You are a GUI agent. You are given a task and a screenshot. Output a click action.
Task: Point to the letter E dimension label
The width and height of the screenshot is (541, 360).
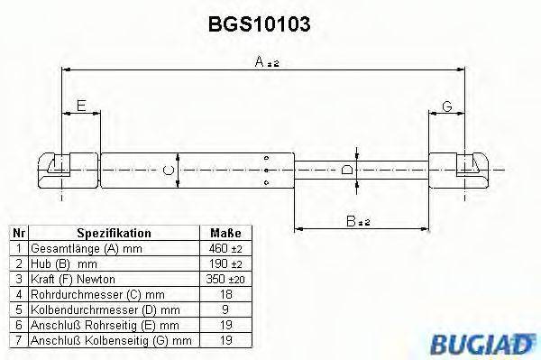point(82,107)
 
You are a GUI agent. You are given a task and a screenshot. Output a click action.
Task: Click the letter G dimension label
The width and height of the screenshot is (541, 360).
point(446,107)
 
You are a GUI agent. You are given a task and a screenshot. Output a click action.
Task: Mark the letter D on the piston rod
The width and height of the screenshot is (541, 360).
point(348,170)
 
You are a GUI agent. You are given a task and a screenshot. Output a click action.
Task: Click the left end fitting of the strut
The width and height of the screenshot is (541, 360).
point(67,169)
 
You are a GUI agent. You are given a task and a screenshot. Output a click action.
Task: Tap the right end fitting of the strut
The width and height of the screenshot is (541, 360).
point(460,169)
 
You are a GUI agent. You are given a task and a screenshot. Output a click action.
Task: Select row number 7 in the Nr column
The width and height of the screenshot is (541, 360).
point(17,340)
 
